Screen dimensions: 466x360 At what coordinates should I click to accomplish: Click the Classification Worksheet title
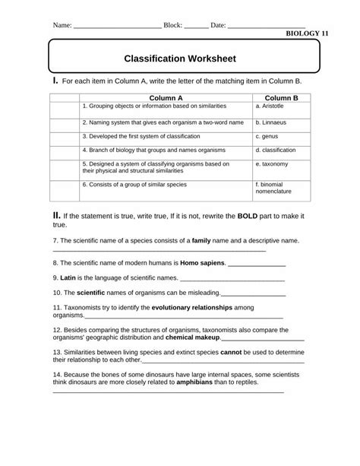[180, 58]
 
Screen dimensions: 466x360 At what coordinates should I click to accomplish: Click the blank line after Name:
[117, 25]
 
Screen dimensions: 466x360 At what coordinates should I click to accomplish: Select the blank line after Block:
[196, 25]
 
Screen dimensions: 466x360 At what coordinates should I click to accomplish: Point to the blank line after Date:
[266, 25]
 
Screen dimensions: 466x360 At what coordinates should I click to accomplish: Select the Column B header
[281, 98]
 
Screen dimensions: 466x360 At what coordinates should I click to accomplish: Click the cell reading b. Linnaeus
[273, 122]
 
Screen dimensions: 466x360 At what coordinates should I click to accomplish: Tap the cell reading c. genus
[270, 137]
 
